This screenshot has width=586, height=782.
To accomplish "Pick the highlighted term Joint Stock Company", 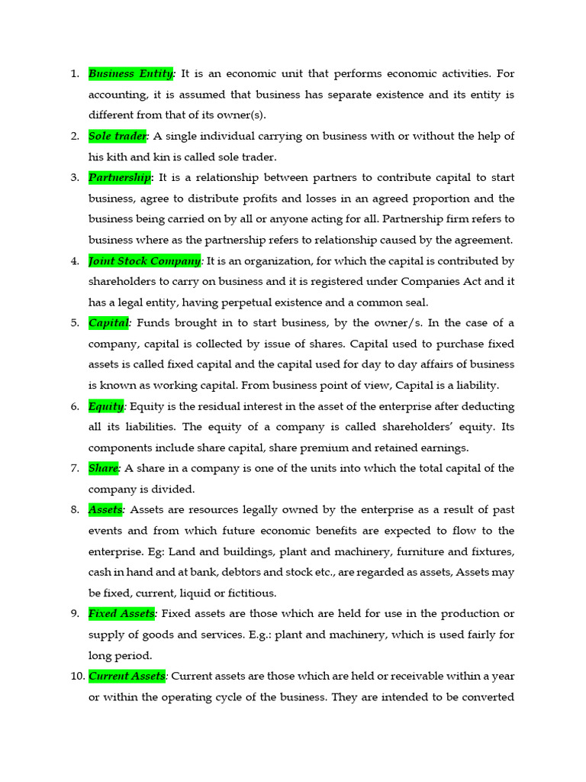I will (145, 260).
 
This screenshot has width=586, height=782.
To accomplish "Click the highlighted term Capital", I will (109, 322).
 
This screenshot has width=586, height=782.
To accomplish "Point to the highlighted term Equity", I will (106, 406).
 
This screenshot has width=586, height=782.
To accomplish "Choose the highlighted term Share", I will (104, 468).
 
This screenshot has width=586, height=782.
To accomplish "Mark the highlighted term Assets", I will (105, 509).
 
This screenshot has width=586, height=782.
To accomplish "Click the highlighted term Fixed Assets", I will (122, 613).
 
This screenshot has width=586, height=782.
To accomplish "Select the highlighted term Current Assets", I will (127, 676).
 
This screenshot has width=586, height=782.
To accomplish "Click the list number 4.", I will (75, 260).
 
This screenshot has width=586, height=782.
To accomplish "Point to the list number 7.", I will (75, 468).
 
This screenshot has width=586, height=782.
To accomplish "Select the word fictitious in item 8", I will (250, 593).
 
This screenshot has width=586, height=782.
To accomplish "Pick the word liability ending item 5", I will (477, 385).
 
